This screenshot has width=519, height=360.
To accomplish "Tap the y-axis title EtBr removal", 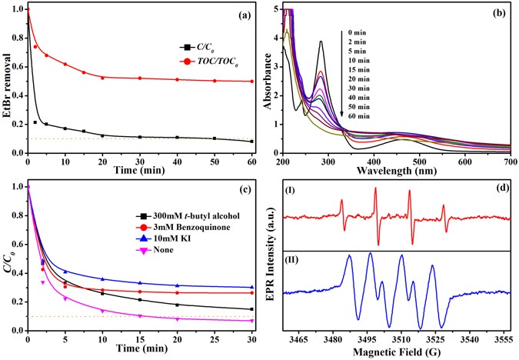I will click(x=8, y=81).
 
